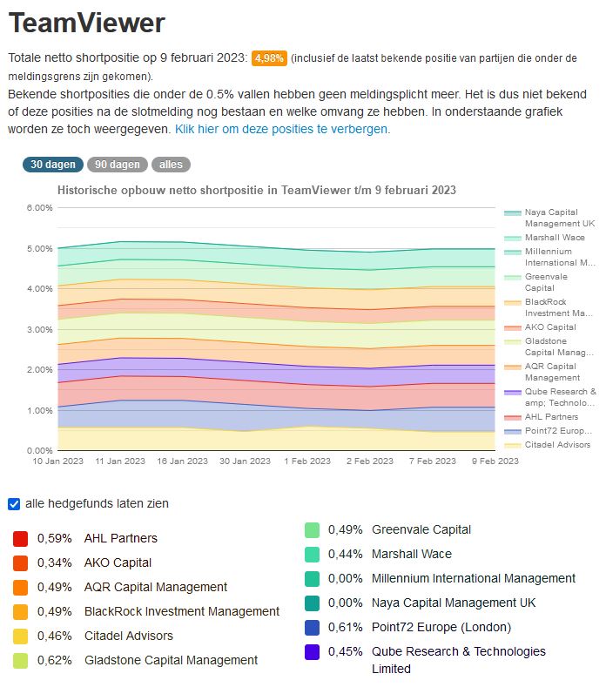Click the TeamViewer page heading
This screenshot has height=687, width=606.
(86, 24)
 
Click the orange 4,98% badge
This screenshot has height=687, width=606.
(269, 58)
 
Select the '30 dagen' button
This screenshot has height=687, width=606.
(52, 165)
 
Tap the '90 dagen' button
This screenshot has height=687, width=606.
(118, 165)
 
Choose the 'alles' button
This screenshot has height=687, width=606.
(171, 165)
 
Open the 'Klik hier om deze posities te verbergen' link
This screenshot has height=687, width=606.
(282, 129)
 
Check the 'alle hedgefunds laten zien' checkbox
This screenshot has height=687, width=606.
(14, 503)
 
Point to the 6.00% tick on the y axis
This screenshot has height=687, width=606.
(40, 208)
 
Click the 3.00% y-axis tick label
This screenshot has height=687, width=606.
(40, 329)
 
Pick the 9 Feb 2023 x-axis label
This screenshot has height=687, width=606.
(494, 461)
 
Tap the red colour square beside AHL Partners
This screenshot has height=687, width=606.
(20, 538)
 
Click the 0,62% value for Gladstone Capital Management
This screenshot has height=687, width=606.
(54, 660)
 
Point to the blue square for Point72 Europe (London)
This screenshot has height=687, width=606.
(313, 627)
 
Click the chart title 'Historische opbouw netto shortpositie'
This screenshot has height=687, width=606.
(256, 190)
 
